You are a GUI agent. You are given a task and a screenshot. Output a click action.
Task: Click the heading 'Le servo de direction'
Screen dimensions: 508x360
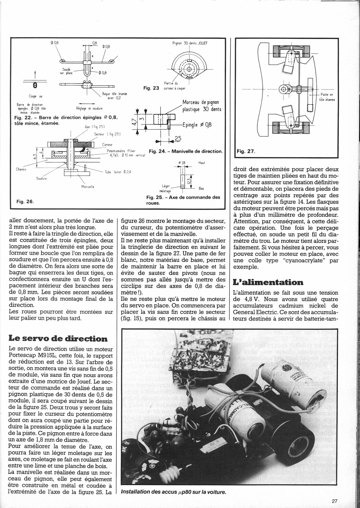tap(58, 338)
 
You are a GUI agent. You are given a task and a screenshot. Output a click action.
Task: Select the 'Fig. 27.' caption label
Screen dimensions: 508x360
tap(246, 152)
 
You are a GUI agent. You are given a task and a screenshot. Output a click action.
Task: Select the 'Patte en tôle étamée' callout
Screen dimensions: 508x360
tap(327, 97)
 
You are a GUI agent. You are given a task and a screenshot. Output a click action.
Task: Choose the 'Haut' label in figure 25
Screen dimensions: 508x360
tap(202, 163)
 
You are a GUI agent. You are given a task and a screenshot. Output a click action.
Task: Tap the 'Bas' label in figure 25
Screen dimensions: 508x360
tap(201, 188)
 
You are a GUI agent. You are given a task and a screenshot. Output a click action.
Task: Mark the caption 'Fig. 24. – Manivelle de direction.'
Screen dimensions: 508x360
tap(186, 151)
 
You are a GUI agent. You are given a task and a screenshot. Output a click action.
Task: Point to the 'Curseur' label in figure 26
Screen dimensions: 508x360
tap(107, 145)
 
